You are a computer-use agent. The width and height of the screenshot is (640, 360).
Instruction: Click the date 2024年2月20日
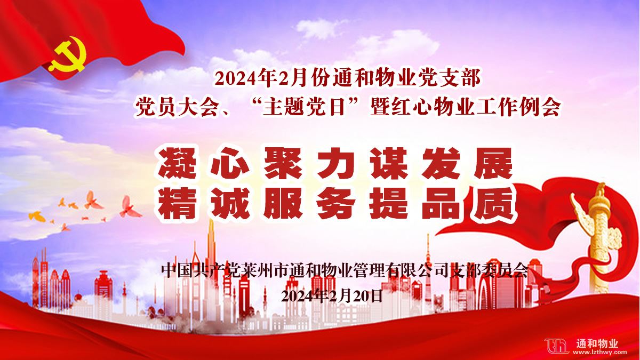(x=331, y=296)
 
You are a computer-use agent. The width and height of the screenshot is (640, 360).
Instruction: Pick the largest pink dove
(x=130, y=206)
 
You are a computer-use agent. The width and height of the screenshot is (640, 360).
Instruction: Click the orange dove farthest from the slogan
(x=37, y=216)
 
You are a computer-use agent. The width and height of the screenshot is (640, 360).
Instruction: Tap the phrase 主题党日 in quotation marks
(x=303, y=108)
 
